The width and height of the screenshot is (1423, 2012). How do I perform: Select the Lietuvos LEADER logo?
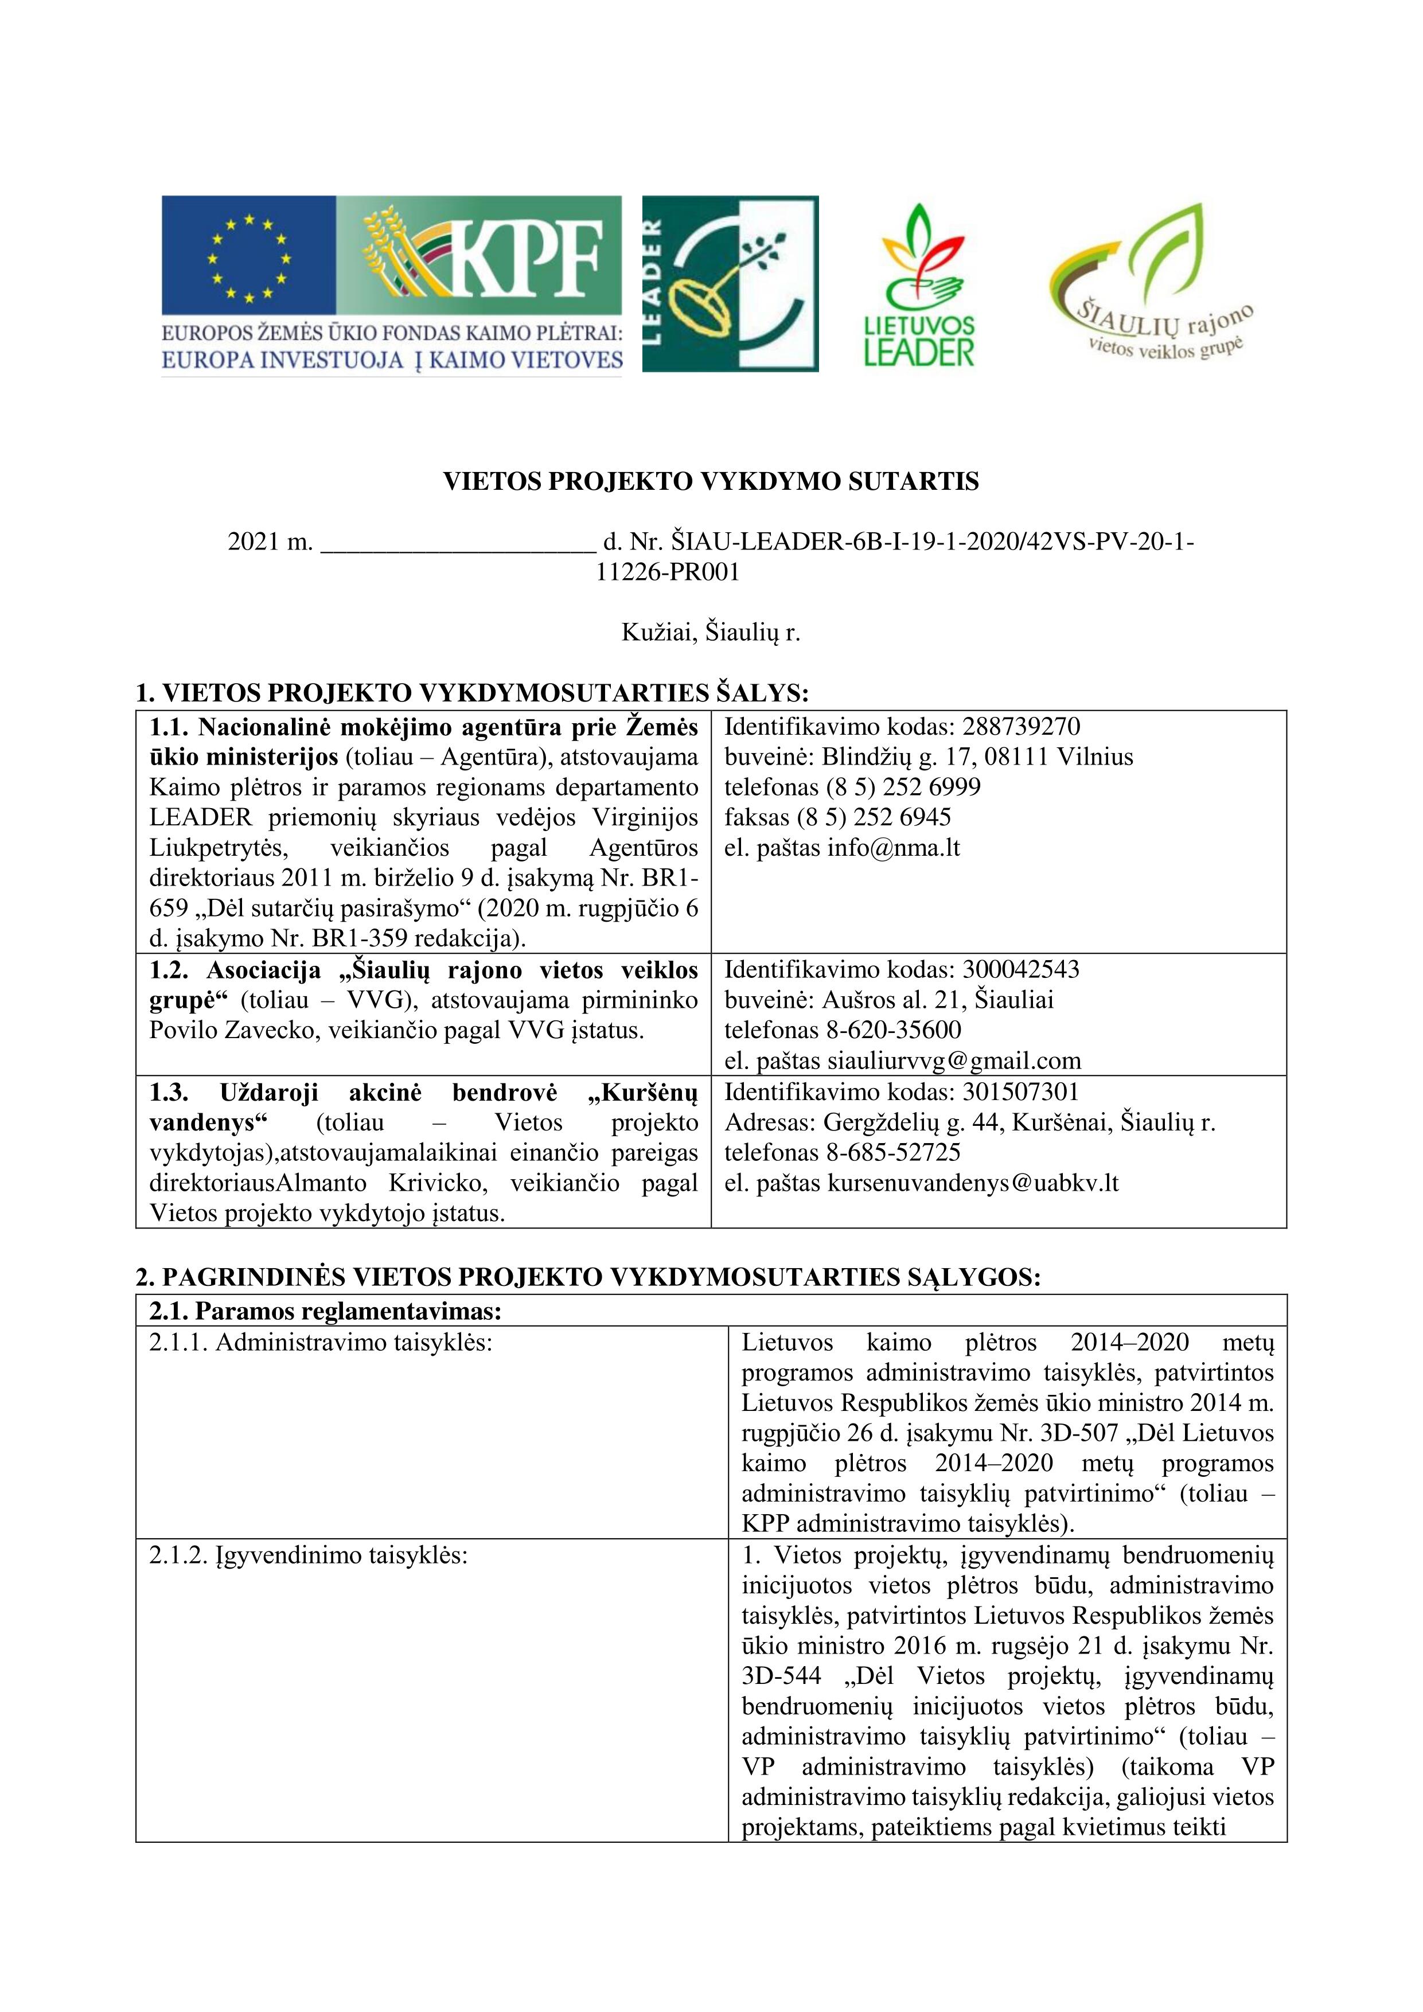click(x=918, y=285)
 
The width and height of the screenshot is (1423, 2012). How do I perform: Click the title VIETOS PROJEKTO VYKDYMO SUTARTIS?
click(x=711, y=482)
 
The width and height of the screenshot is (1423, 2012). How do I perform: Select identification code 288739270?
click(x=1021, y=727)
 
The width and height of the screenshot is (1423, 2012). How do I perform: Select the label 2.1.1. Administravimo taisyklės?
click(x=321, y=1343)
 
